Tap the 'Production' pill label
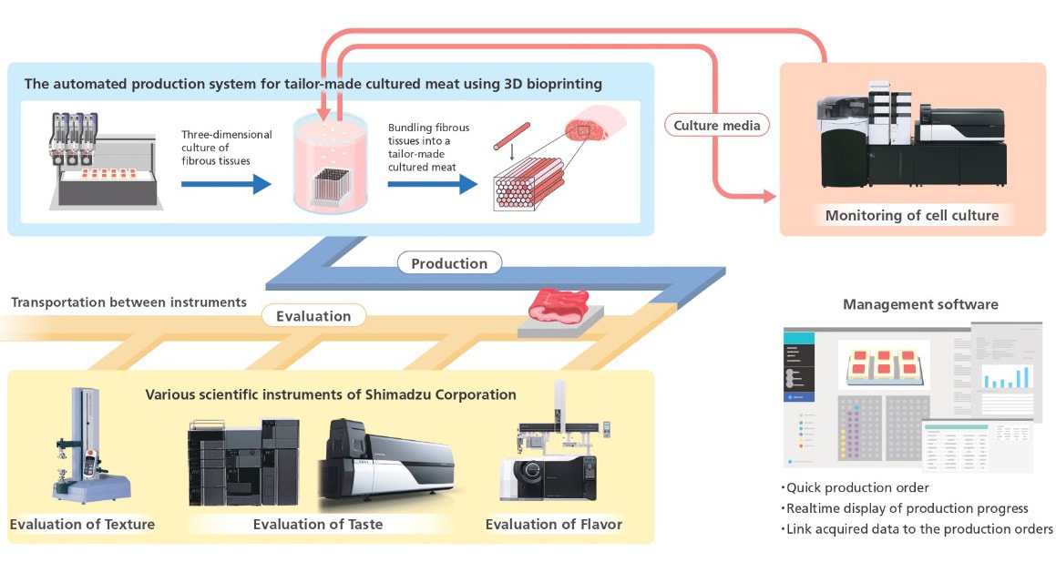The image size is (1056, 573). coord(449,263)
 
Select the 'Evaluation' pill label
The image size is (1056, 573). coord(313,316)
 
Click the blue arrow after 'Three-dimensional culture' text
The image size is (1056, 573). coord(226,184)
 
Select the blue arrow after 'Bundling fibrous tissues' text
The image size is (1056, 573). coord(432,184)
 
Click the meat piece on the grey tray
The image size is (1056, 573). coord(558,304)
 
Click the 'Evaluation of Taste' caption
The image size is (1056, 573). coord(318,524)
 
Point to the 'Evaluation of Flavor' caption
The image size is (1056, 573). coord(553,524)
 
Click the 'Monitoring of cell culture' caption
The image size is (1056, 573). coord(912,216)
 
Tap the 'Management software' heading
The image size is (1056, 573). coord(920,304)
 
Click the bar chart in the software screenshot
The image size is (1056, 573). coord(1008,376)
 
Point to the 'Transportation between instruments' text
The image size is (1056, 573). coord(128,302)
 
